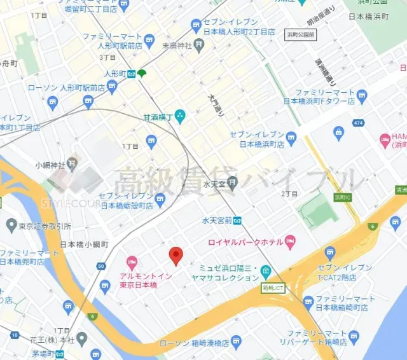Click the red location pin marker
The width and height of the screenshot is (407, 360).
click(x=176, y=256)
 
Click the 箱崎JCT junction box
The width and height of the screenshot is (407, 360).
click(x=273, y=287)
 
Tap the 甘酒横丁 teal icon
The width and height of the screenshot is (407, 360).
click(x=180, y=116)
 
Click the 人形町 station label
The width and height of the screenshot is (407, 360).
click(x=114, y=73)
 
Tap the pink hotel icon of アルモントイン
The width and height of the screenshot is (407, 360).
click(x=132, y=262)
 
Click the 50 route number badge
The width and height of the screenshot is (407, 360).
click(x=102, y=266)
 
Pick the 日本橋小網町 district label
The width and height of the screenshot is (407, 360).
click(x=84, y=244)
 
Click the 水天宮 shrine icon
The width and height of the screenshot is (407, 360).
click(x=233, y=184)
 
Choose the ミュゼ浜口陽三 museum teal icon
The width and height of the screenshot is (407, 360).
click(x=265, y=272)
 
